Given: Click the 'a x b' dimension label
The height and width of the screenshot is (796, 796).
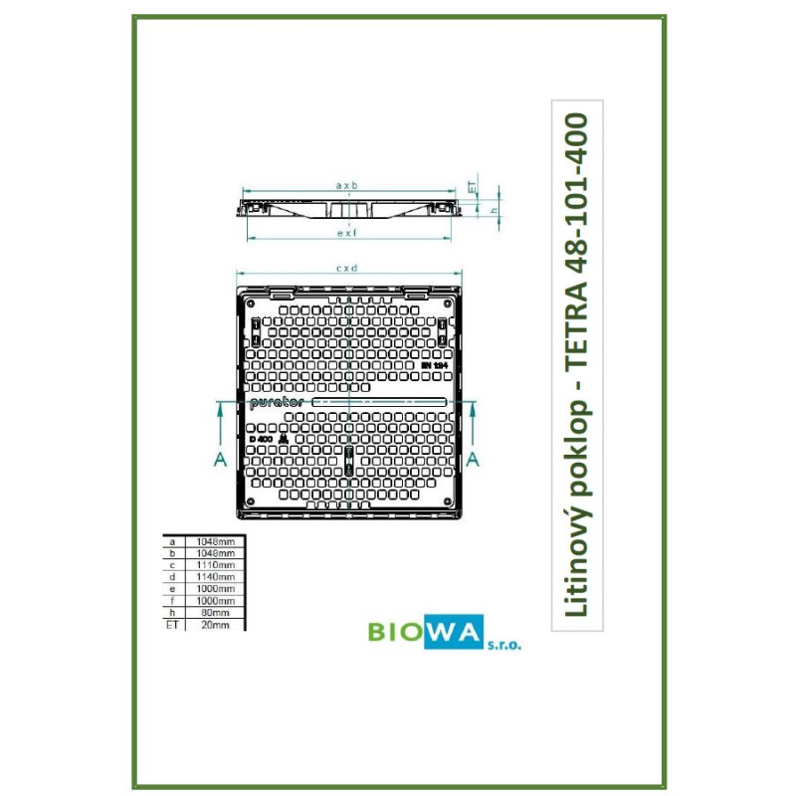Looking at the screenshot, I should [x=346, y=186].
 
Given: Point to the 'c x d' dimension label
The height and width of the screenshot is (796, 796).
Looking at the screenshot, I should [x=346, y=268].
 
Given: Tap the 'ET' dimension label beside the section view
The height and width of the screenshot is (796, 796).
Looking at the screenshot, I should [x=473, y=186].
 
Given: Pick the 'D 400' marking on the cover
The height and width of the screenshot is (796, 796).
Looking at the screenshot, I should [x=262, y=439].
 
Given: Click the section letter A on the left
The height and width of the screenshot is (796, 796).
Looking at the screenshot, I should [x=219, y=458].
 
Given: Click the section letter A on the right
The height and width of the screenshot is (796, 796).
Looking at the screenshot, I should [x=474, y=458].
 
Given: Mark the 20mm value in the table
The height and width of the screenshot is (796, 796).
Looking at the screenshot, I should [x=216, y=625].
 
